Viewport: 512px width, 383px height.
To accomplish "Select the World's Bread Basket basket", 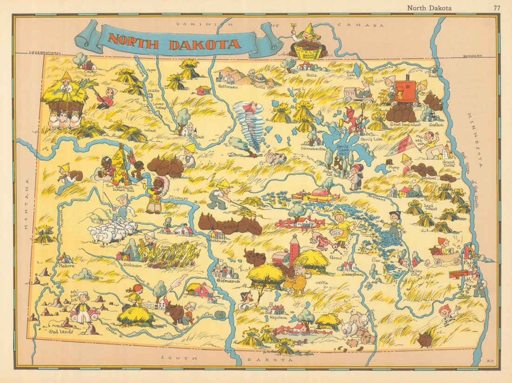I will (308, 48).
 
